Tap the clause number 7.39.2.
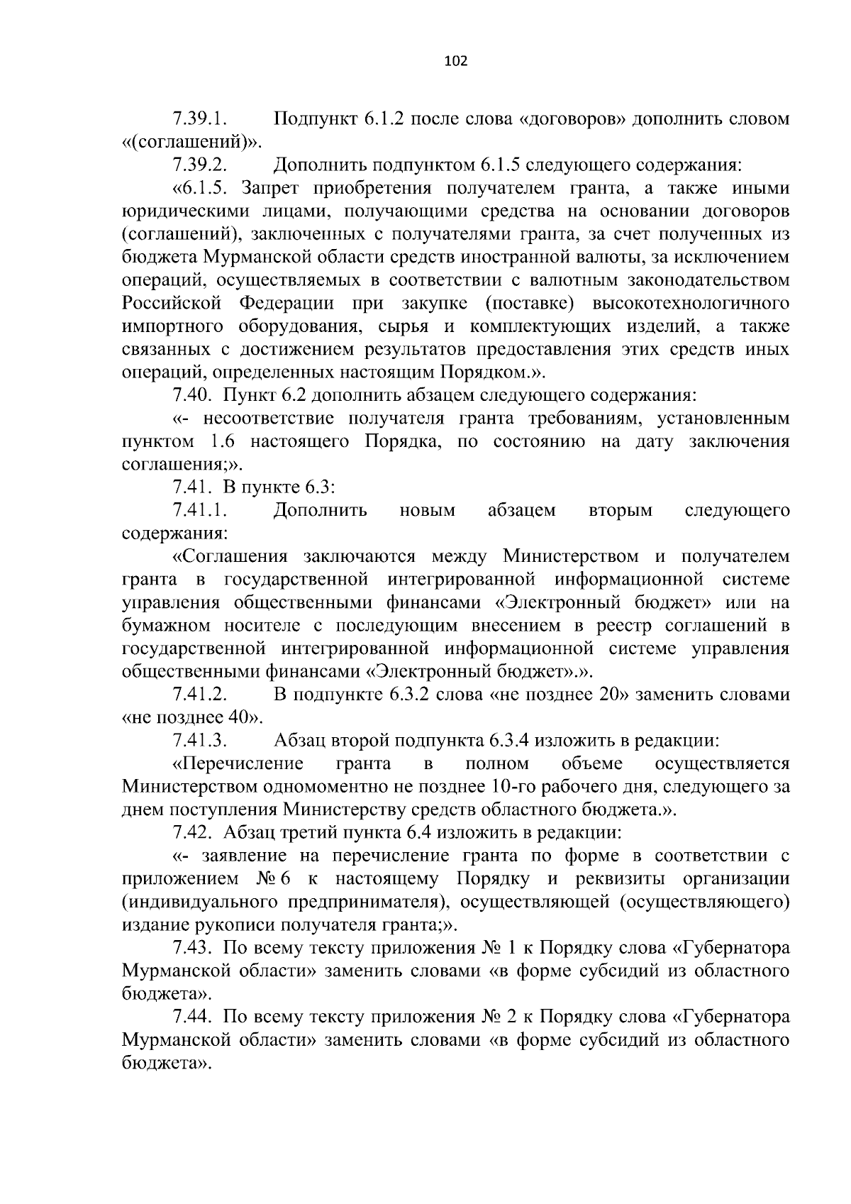point(199,165)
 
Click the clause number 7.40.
point(191,394)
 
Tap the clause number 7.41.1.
point(199,510)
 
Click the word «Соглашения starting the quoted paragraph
point(230,556)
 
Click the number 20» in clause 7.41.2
point(615,695)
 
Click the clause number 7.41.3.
point(199,741)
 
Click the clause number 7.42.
point(191,832)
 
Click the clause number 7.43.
point(191,948)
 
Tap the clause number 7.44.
point(191,1017)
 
